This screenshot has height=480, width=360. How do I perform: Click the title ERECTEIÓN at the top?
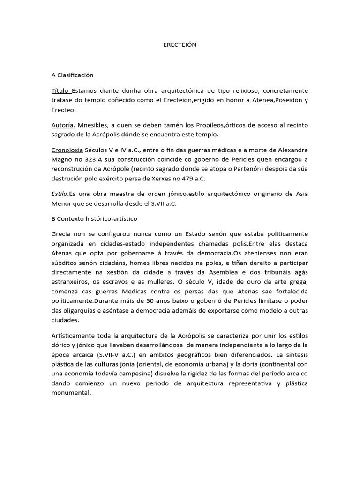pos(180,45)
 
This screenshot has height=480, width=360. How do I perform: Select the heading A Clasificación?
pos(73,75)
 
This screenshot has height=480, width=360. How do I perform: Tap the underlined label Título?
pos(60,90)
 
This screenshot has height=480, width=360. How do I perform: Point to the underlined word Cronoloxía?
pos(67,150)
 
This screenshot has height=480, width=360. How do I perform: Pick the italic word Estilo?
pos(60,194)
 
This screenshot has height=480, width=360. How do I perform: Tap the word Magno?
pos(63,160)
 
